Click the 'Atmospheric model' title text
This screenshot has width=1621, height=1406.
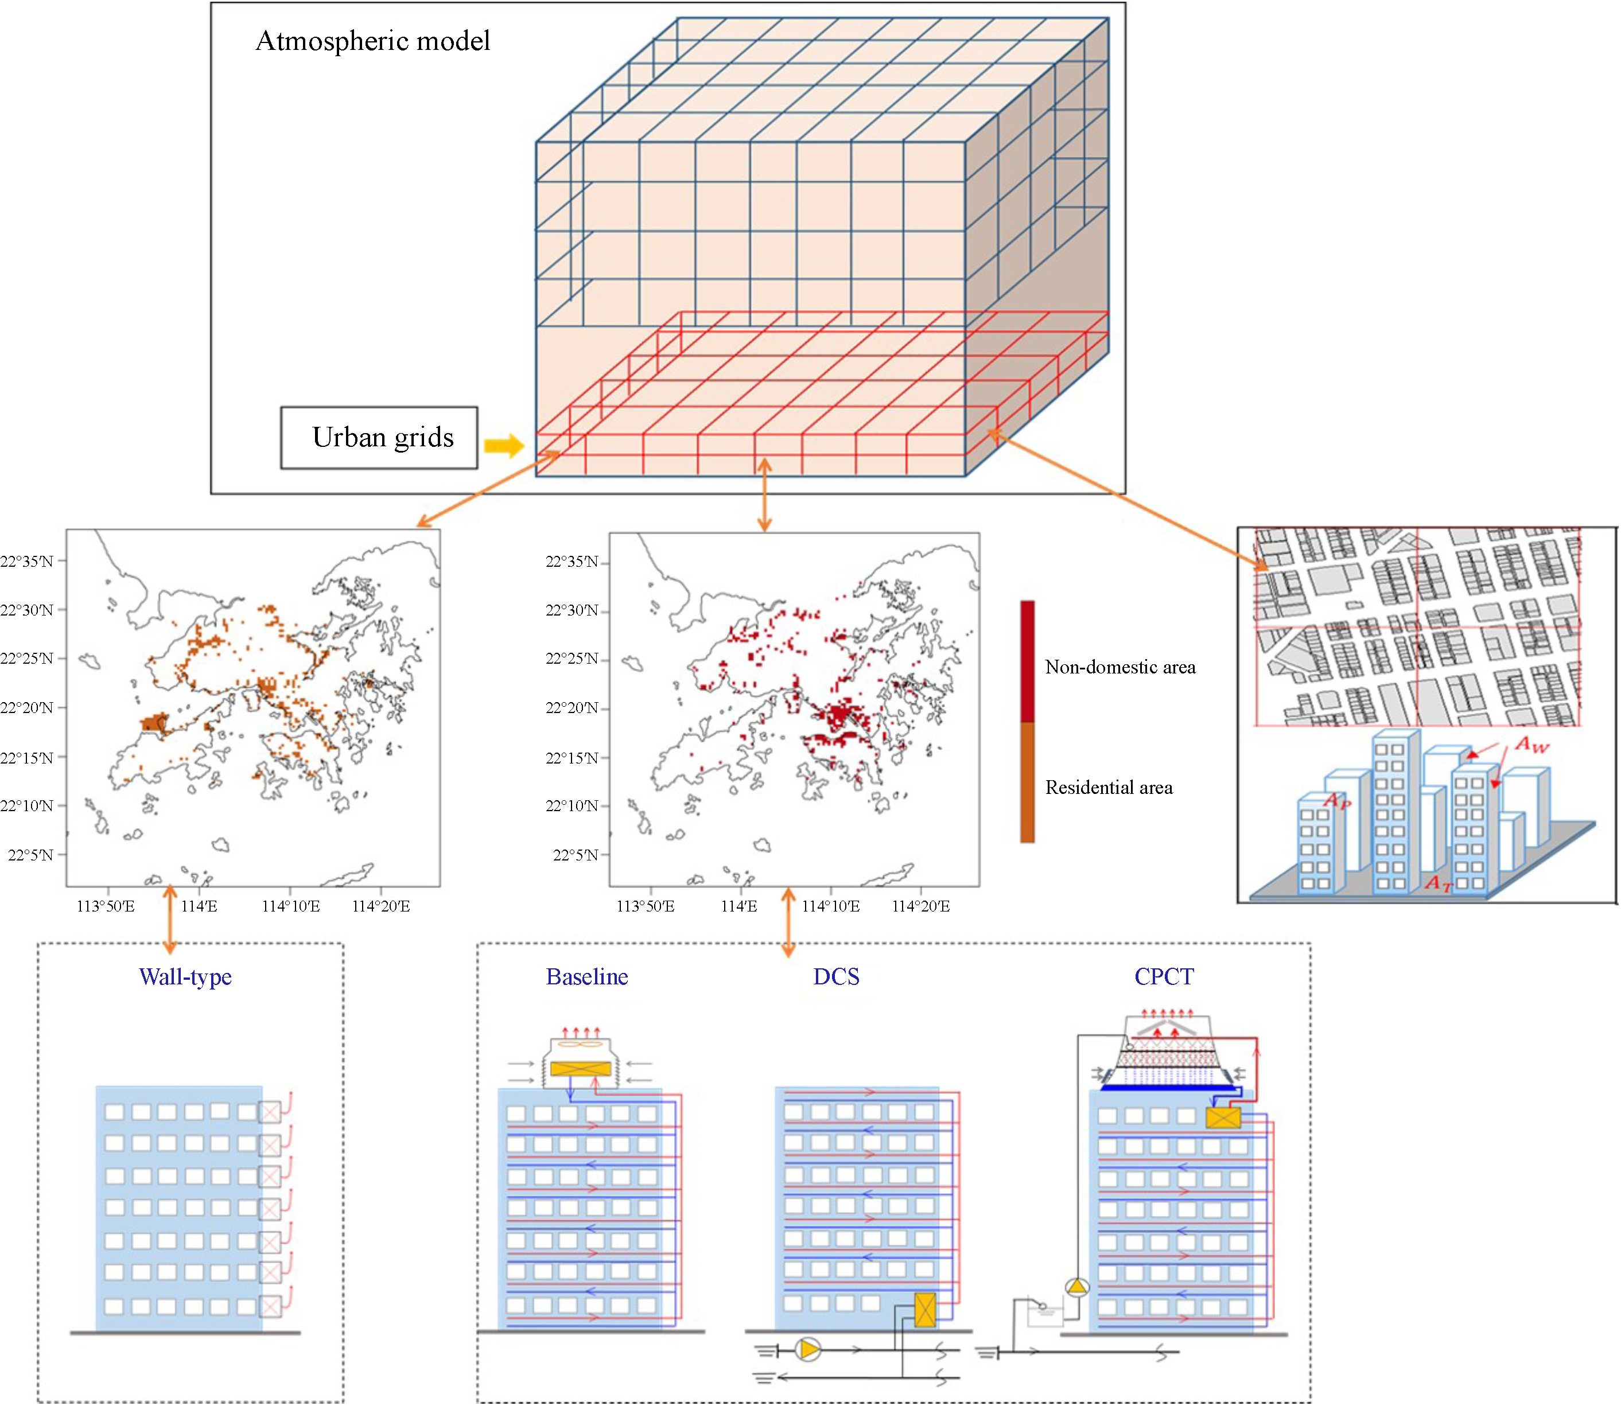[373, 41]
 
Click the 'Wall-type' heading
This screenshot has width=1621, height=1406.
[185, 977]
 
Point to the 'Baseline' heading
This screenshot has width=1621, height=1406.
[587, 977]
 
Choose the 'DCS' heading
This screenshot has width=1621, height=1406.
[837, 977]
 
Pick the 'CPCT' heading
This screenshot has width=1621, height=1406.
[1164, 977]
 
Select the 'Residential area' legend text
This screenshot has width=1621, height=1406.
[1109, 787]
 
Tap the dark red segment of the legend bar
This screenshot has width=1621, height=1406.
[1027, 661]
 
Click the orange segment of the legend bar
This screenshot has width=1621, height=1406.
[1027, 782]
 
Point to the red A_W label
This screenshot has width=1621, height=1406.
[1531, 744]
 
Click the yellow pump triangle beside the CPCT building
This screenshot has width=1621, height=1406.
[1077, 1287]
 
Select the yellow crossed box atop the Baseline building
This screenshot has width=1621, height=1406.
[581, 1069]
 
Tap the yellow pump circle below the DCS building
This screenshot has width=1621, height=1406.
[808, 1350]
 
